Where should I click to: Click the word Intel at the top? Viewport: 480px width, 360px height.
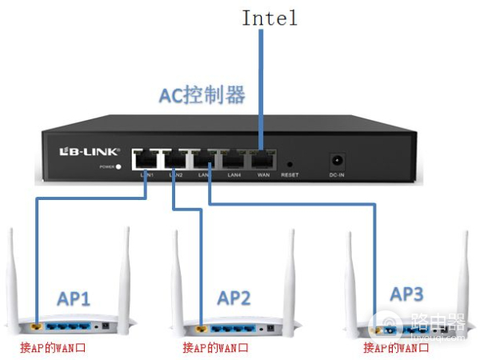click(x=270, y=18)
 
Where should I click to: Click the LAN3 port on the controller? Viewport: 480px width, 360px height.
click(x=206, y=158)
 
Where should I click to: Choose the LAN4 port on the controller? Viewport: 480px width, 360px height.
click(x=235, y=158)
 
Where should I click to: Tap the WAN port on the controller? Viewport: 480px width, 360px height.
click(x=263, y=158)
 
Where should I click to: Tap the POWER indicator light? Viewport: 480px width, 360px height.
click(x=118, y=167)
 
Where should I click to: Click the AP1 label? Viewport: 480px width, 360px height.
click(x=74, y=299)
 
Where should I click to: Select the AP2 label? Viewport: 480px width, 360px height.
click(x=234, y=299)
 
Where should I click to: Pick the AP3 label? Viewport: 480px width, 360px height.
click(x=406, y=294)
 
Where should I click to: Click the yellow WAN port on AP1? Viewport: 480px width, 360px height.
click(x=37, y=327)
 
